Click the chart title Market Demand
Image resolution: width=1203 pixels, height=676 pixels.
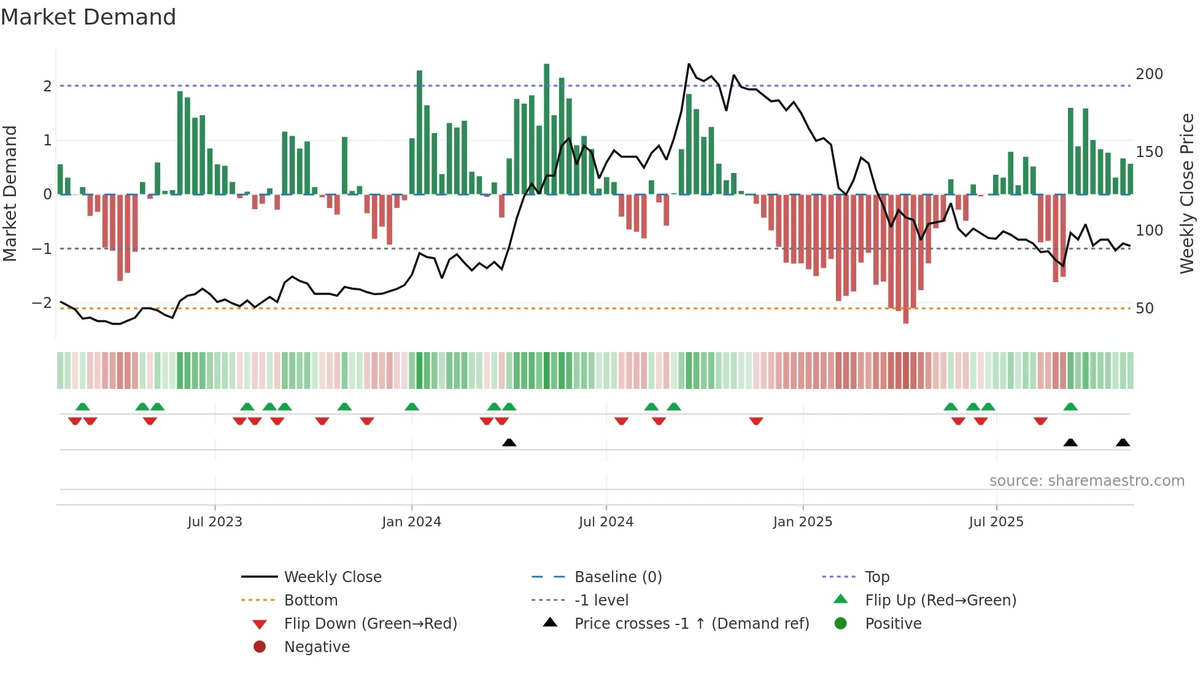[x=88, y=17]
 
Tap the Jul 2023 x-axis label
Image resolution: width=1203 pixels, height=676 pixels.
[x=215, y=522]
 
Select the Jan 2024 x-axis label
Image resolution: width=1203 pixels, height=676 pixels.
[x=411, y=522]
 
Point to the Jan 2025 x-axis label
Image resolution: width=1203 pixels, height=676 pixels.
[x=802, y=522]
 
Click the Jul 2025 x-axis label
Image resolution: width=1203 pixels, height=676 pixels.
[x=996, y=522]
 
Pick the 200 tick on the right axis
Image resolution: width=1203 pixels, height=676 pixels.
[x=1149, y=74]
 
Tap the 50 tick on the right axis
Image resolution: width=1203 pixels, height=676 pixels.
[x=1145, y=309]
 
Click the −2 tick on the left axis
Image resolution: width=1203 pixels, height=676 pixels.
[x=42, y=303]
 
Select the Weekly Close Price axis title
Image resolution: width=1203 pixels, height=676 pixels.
[x=1187, y=193]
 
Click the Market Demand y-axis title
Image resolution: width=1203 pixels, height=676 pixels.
[x=10, y=193]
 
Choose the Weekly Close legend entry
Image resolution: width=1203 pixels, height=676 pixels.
[x=332, y=577]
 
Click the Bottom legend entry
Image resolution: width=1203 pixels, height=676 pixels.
[x=311, y=601]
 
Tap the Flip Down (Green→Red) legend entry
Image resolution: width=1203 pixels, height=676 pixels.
[x=370, y=624]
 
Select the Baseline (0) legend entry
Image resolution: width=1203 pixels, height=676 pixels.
[x=617, y=577]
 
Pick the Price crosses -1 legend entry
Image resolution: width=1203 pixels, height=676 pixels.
[x=691, y=624]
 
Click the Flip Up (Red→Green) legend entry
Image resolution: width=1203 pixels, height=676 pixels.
[x=940, y=601]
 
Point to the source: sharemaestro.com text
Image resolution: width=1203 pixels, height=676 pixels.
[x=1086, y=481]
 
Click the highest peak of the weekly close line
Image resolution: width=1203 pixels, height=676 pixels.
[x=689, y=64]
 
